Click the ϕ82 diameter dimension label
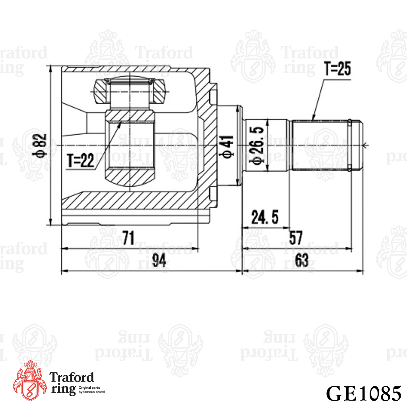[x=39, y=145]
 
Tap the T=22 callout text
[x=80, y=161]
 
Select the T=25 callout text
[x=338, y=68]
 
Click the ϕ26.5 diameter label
[x=257, y=145]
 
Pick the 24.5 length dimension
[x=265, y=217]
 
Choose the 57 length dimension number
[x=296, y=237]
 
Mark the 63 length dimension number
[x=302, y=260]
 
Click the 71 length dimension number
[x=128, y=237]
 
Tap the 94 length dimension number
[x=159, y=260]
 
